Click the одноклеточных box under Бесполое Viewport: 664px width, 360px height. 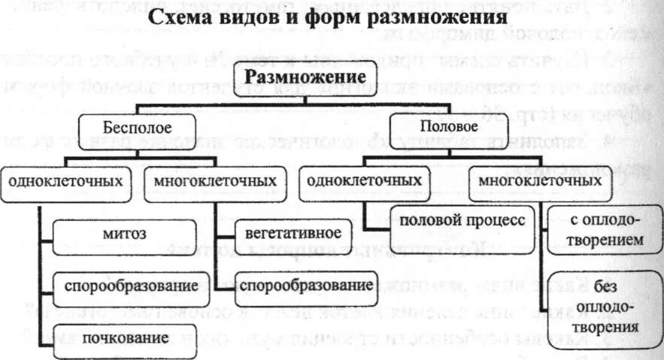click(x=65, y=183)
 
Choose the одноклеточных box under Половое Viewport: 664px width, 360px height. click(x=362, y=182)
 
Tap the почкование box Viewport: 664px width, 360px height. click(x=125, y=339)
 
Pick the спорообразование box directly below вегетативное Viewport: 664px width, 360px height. click(x=304, y=286)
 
